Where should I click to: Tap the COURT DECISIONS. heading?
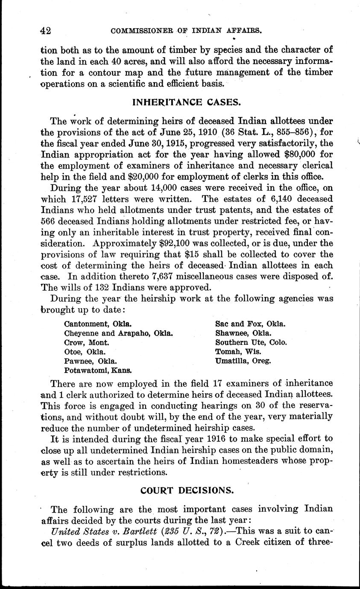187,490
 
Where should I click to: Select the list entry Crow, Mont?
87,342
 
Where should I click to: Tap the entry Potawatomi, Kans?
98,370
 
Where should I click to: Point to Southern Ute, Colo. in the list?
251,342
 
